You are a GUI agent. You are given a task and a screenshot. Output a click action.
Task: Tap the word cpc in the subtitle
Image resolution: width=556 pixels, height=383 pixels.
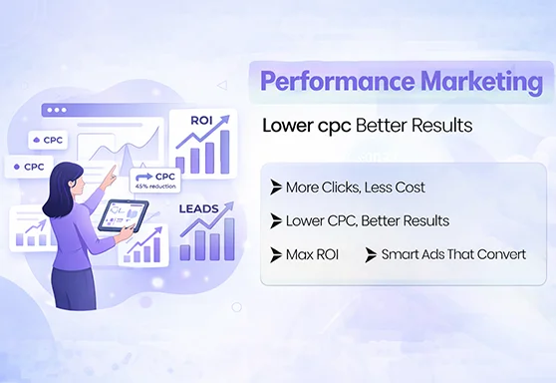351,127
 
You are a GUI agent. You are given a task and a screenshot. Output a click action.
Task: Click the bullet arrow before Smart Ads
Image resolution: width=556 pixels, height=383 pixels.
371,254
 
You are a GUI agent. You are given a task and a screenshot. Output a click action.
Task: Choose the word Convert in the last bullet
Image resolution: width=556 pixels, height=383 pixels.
501,254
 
